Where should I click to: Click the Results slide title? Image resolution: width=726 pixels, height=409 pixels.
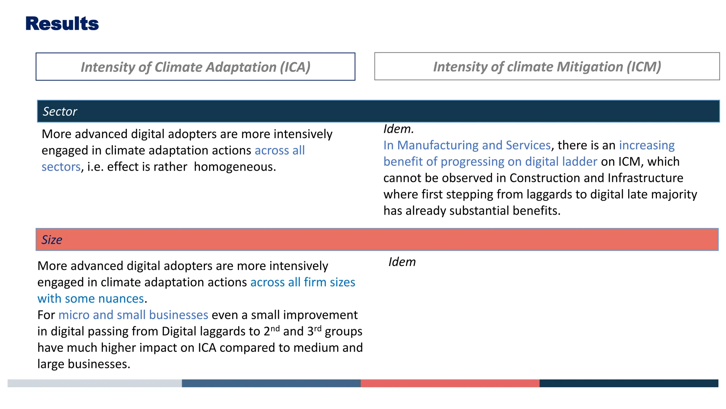click(62, 24)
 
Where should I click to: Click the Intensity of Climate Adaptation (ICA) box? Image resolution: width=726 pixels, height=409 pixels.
click(195, 67)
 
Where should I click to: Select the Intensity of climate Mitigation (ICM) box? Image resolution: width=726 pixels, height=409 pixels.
click(547, 66)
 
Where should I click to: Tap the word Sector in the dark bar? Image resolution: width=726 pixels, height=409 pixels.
click(60, 111)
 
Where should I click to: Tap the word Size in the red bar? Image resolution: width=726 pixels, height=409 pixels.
click(52, 240)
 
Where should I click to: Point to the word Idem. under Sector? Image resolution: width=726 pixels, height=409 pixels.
click(398, 129)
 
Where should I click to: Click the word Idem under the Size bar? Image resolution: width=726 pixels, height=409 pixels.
click(402, 262)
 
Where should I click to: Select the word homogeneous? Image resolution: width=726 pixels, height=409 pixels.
click(235, 167)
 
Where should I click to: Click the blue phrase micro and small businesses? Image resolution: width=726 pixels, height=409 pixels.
click(133, 315)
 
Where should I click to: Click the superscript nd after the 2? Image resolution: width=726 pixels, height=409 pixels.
click(275, 328)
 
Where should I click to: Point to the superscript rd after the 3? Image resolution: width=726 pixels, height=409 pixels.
click(318, 328)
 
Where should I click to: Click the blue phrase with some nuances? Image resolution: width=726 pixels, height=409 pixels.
click(91, 299)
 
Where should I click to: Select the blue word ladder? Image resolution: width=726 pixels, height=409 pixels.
click(581, 162)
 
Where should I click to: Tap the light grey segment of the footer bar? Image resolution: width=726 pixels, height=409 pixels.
click(94, 383)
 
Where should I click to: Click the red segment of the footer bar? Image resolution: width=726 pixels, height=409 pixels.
click(450, 383)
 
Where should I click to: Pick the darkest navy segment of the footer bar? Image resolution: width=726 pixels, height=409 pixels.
click(629, 383)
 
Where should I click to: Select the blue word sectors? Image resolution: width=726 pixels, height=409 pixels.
click(61, 167)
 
